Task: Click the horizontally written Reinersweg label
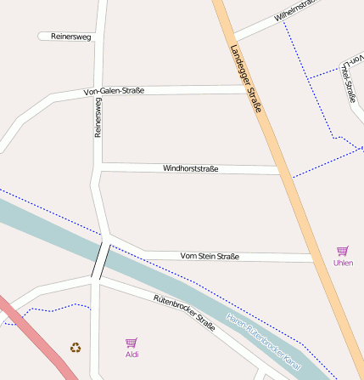coord(71,37)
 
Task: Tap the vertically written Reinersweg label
coord(98,118)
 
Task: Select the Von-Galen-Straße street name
coord(114,91)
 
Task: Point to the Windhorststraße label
coord(190,169)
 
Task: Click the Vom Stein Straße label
coord(210,256)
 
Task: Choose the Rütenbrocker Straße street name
coord(184,312)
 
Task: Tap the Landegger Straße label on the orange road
coord(245,80)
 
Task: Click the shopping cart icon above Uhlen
coord(343,251)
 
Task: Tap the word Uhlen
coord(343,263)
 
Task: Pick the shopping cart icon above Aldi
coord(132,343)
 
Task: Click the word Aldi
coord(132,354)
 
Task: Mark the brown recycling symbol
coord(76,347)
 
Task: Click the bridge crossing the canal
coord(101,260)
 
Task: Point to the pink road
coord(34,336)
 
